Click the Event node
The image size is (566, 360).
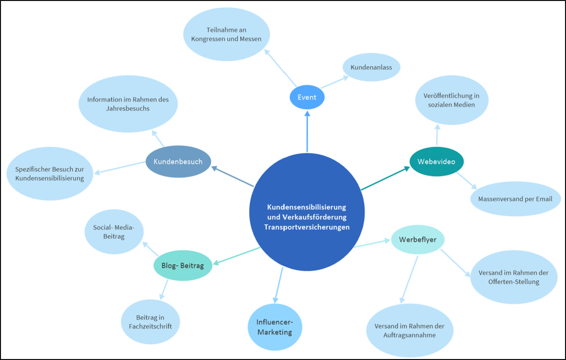pyautogui.click(x=307, y=98)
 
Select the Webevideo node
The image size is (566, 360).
pyautogui.click(x=437, y=161)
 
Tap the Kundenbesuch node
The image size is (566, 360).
pyautogui.click(x=178, y=162)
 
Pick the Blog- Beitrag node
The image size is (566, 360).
pyautogui.click(x=183, y=266)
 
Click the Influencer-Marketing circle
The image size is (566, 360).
pyautogui.click(x=275, y=327)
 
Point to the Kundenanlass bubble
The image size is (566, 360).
pyautogui.click(x=371, y=67)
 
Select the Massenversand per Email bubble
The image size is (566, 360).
pyautogui.click(x=515, y=199)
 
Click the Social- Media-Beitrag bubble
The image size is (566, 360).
pyautogui.click(x=114, y=232)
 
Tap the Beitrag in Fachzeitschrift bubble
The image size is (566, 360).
pyautogui.click(x=150, y=321)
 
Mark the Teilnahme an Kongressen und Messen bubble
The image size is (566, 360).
pyautogui.click(x=226, y=34)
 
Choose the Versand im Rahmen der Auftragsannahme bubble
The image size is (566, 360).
pyautogui.click(x=409, y=330)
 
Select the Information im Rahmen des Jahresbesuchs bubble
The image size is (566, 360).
pyautogui.click(x=128, y=104)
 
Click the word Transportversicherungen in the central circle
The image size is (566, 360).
pyautogui.click(x=307, y=227)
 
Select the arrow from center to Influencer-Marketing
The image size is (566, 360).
pyautogui.click(x=279, y=285)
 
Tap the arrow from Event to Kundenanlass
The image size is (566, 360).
pyautogui.click(x=334, y=82)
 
